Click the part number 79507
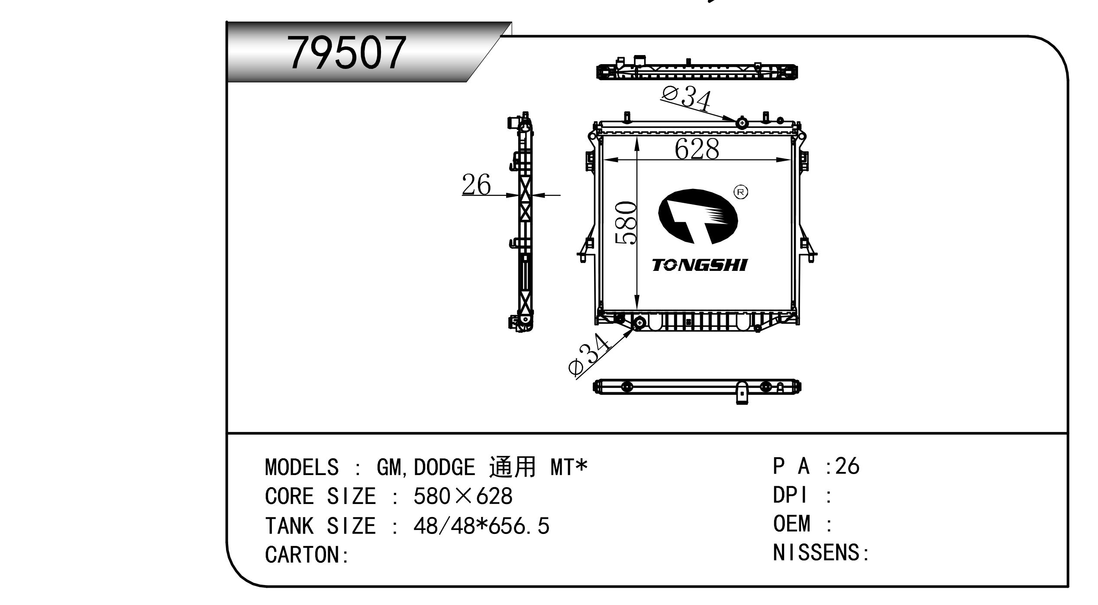click(347, 53)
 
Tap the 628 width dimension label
click(697, 149)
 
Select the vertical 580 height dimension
click(626, 223)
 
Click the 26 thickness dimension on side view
click(476, 185)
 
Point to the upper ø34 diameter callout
click(687, 98)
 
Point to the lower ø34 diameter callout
click(589, 355)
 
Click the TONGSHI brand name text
click(700, 265)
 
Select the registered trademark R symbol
click(741, 192)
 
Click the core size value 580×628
click(463, 496)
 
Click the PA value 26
click(847, 466)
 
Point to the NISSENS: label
click(821, 553)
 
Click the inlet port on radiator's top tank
click(742, 124)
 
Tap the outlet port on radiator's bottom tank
click(639, 322)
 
